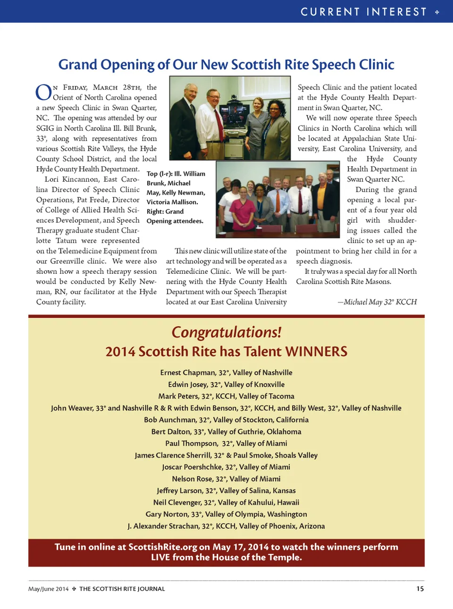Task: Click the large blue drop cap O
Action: click(43, 92)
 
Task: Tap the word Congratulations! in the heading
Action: click(226, 332)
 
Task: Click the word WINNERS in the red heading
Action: click(316, 352)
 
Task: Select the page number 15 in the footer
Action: click(420, 589)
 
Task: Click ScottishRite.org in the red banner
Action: click(163, 547)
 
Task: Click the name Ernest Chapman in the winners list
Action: click(187, 373)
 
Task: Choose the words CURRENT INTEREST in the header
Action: click(363, 12)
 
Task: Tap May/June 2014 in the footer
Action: click(48, 589)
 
